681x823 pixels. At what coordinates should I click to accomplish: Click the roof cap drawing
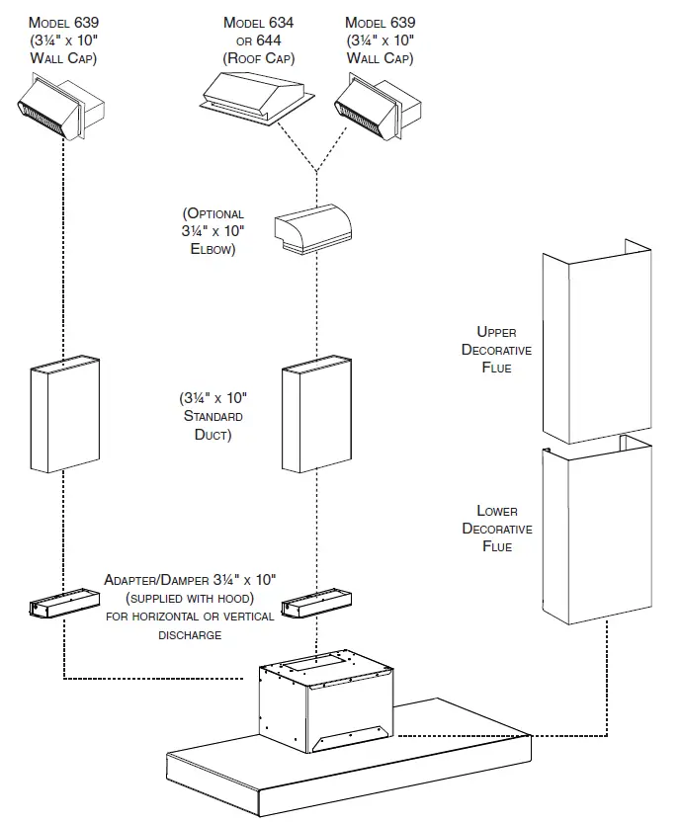pos(257,99)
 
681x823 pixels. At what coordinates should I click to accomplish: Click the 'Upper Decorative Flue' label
pos(496,350)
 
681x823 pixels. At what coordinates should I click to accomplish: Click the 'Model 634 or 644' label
pos(258,40)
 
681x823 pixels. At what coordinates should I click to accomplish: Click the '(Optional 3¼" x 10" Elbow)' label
pos(213,231)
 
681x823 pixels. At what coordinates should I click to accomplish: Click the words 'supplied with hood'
pos(191,598)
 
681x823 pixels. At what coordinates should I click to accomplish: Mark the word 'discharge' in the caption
pos(190,634)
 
